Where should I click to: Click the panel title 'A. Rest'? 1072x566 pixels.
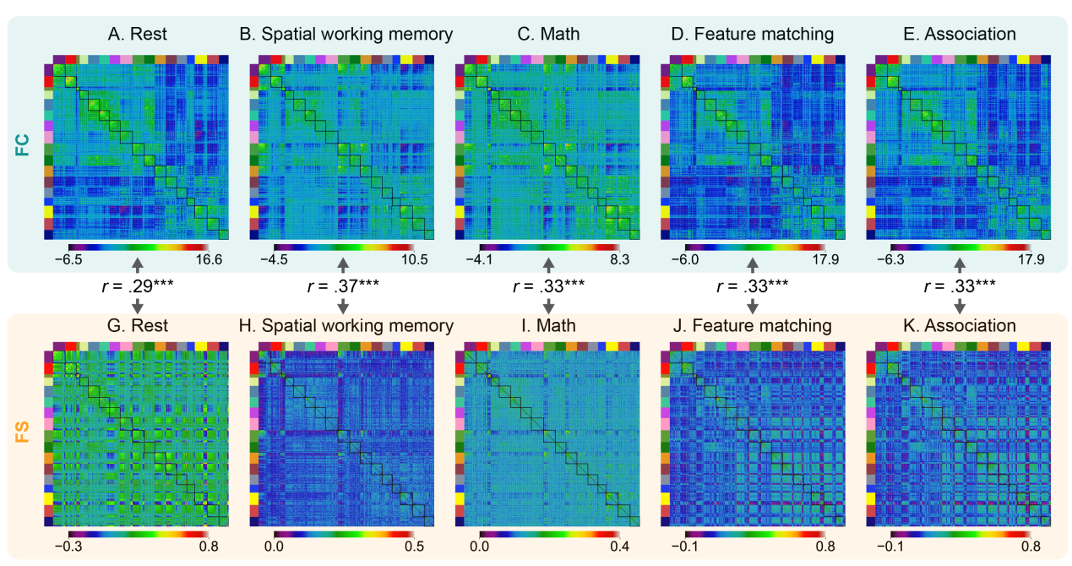click(x=138, y=35)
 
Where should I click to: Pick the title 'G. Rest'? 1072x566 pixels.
click(x=138, y=324)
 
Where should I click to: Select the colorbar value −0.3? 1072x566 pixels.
click(x=68, y=547)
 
